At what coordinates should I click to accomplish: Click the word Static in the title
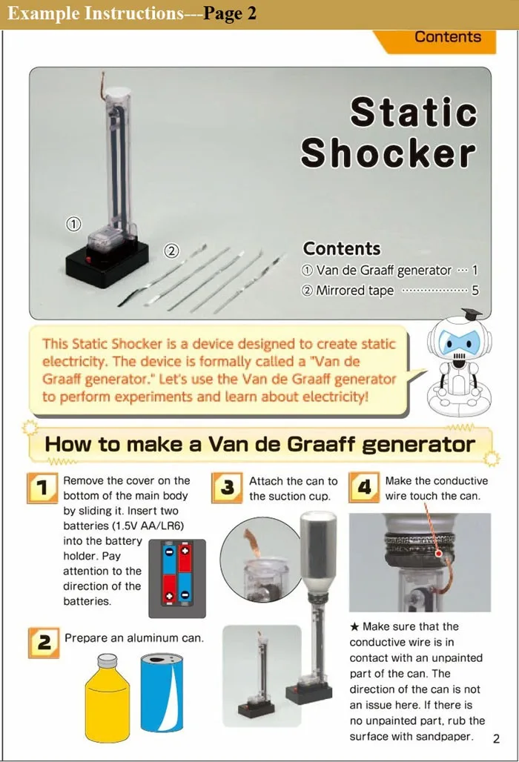click(413, 112)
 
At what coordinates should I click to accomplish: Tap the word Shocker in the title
click(388, 153)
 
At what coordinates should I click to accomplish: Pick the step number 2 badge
click(44, 642)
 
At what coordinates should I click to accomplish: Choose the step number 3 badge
click(228, 488)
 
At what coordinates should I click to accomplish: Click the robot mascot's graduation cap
click(471, 314)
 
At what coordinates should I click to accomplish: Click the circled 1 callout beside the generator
click(73, 224)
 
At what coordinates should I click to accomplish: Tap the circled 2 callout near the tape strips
click(171, 251)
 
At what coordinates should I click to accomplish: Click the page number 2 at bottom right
click(496, 738)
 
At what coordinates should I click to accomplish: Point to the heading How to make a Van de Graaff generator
click(259, 445)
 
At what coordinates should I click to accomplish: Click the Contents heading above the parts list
click(341, 248)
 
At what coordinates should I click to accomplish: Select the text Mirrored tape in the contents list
click(354, 290)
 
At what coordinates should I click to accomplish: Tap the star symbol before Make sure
click(354, 627)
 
